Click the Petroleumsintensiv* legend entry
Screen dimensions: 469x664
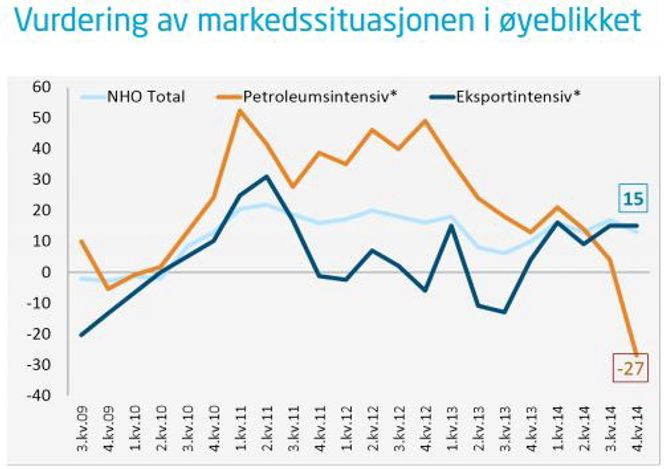(305, 96)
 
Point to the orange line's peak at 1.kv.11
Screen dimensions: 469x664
(240, 110)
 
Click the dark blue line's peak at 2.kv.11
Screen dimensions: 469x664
(266, 177)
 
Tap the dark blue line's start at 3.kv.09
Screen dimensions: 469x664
(80, 335)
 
